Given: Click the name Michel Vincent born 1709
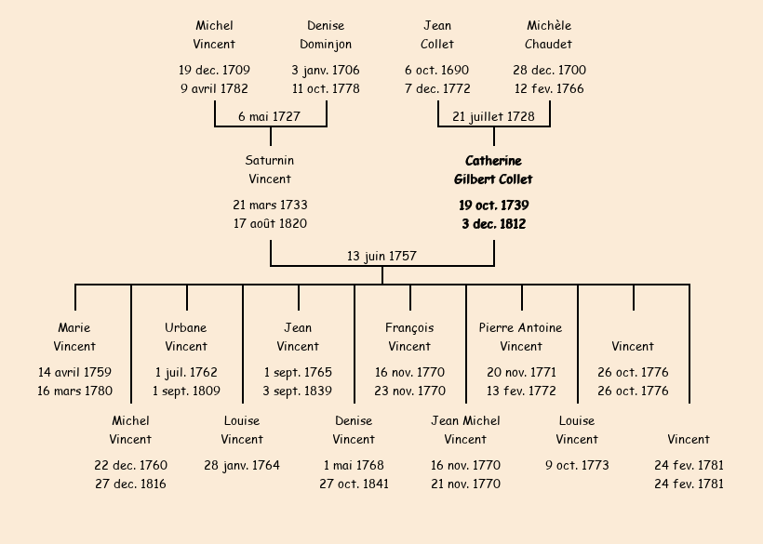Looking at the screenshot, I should coord(214,35).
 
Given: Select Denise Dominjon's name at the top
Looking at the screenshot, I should coord(326,35).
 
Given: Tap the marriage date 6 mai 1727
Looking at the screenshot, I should coord(269,117).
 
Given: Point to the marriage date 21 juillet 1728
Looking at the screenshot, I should coord(493,117).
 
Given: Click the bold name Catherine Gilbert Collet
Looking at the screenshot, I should coord(493,170).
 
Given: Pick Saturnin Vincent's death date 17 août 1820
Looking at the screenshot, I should coord(270,223).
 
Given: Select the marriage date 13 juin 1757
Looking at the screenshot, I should coord(381,256).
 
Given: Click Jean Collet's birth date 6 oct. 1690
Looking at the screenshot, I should coord(437,71).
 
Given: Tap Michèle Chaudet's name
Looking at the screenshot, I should coord(549,35).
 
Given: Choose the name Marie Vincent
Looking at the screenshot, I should coord(74,337).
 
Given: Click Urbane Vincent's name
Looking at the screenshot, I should coord(186,337).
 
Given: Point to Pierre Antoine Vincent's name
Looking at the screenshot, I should coord(521,337).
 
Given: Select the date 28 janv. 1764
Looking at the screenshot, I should coord(242,465).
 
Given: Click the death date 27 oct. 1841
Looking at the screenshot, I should coord(354,484).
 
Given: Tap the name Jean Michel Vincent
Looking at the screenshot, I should coord(465,430).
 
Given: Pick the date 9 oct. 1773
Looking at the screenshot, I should coord(577,465).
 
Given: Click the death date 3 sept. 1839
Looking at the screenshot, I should coord(298,391).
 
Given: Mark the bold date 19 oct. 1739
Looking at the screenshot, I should coord(493,206).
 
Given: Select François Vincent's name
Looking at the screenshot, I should coord(409,337).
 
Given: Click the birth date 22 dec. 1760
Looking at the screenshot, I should coord(130,465).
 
